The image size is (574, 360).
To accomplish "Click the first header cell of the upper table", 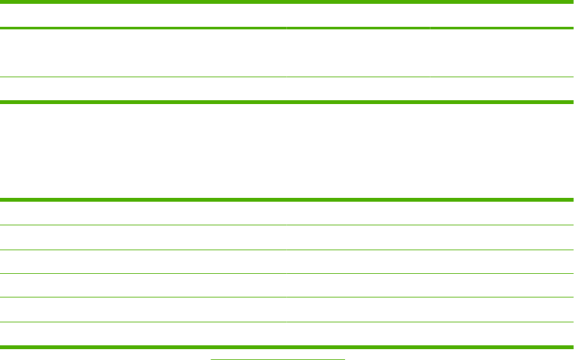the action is pos(143,15).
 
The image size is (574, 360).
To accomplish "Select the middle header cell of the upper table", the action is pos(358,15).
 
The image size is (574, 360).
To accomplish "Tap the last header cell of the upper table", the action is pos(502,15).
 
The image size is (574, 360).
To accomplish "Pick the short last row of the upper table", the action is pos(287,89).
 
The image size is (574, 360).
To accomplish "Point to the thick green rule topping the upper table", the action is pos(287,2).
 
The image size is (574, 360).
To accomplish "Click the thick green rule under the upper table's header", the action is pos(287,28).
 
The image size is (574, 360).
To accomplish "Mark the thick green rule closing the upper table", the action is pos(287,101).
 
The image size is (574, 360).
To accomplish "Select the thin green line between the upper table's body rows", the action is pos(287,78).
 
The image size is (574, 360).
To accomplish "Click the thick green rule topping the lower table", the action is pos(287,200).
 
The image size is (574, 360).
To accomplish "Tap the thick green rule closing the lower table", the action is pos(287,347).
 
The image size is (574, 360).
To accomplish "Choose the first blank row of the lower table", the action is pos(287,213).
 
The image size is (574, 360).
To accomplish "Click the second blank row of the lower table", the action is pos(287,237).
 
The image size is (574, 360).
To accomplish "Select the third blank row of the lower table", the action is pos(287,262).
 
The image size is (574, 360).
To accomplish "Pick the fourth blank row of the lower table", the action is pos(287,285).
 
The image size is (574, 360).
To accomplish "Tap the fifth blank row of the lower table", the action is pos(287,310).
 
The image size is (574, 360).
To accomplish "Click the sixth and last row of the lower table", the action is pos(287,334).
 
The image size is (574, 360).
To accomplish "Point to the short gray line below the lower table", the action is pos(277,359).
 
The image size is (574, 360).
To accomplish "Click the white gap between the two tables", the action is pos(287,151).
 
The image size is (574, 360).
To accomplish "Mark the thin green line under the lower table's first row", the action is pos(287,225).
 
